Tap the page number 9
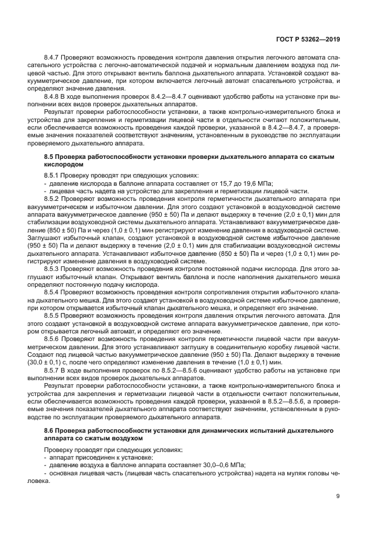338,497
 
